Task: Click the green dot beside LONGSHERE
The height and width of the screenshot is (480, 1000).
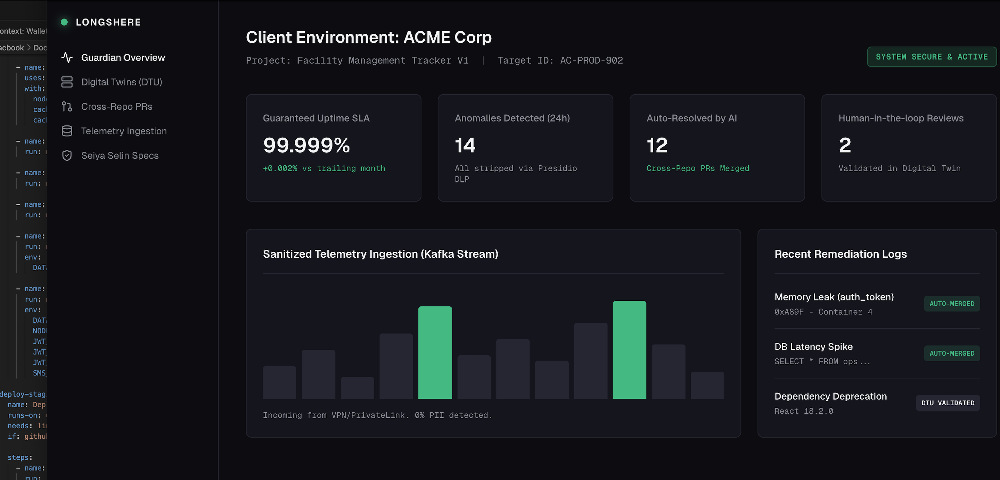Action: (x=64, y=22)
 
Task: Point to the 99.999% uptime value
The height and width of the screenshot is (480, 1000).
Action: (x=306, y=145)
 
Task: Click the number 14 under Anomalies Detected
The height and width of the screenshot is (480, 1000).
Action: (x=465, y=145)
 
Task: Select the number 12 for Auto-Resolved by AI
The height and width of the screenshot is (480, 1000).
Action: (x=657, y=145)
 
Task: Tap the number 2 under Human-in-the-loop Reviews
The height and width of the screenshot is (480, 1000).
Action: (x=845, y=145)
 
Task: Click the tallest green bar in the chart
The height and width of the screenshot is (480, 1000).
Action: (x=629, y=349)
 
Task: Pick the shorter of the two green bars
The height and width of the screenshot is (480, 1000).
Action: (x=435, y=352)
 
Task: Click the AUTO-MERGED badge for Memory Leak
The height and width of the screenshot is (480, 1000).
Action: (x=951, y=304)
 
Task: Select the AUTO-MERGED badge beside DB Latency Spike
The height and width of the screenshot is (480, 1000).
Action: (x=951, y=353)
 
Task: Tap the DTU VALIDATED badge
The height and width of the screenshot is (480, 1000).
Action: (x=948, y=403)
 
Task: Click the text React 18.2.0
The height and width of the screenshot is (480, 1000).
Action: (x=804, y=411)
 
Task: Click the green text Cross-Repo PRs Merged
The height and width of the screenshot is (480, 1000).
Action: (x=698, y=168)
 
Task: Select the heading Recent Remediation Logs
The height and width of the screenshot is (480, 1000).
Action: (x=841, y=254)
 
